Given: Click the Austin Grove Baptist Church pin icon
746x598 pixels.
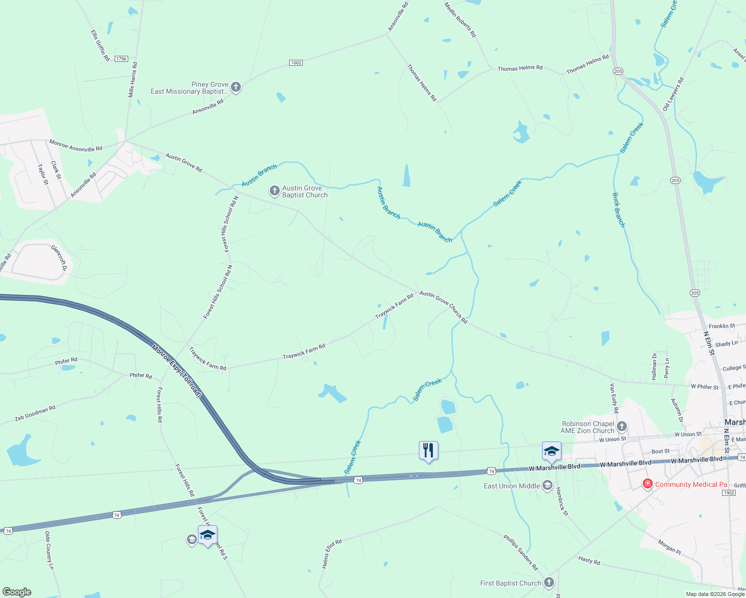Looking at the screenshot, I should click(274, 191).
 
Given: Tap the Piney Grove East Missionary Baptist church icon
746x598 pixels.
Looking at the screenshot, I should click(236, 88).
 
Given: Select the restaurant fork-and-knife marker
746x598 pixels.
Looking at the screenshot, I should click(428, 450).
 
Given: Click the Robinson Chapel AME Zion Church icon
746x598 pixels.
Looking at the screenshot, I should click(621, 427).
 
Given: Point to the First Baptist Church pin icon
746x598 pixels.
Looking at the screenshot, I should click(549, 583).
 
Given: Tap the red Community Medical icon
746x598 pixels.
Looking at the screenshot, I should click(647, 484).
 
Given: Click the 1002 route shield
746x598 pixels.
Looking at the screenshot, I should click(296, 63).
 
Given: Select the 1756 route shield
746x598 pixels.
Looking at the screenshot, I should click(121, 59).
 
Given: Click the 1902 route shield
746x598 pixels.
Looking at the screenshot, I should click(729, 493).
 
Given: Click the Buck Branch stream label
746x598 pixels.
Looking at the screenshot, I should click(618, 210).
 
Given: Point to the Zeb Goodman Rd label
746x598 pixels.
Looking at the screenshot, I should click(35, 413).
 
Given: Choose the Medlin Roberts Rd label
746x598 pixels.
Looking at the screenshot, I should click(460, 19).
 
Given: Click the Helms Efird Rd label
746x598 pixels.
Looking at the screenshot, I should click(332, 554).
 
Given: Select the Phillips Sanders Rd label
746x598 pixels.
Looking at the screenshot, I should click(521, 553).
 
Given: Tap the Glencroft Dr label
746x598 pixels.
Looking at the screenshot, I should click(59, 257).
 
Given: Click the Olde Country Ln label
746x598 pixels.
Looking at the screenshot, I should click(49, 550).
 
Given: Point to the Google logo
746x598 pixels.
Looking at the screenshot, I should click(17, 592).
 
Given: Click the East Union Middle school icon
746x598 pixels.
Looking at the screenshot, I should click(547, 486).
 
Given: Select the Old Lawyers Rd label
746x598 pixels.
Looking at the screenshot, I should click(673, 94).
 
